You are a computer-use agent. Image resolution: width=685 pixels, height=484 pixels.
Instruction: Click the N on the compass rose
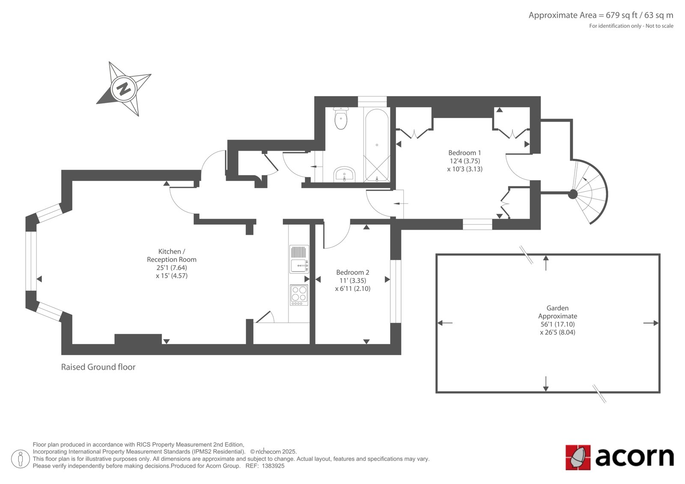click(x=124, y=89)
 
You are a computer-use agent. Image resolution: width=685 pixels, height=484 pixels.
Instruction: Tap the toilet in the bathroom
click(x=341, y=118)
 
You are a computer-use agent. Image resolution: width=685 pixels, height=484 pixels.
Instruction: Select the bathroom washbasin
click(x=344, y=174)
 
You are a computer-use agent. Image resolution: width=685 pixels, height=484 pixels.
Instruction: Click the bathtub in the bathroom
click(x=377, y=145)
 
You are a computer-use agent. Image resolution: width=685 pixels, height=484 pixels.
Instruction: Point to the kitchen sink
click(x=299, y=259)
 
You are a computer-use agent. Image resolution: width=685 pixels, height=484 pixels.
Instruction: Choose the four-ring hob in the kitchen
click(x=299, y=295)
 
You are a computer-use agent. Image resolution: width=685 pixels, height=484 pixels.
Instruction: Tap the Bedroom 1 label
click(x=465, y=153)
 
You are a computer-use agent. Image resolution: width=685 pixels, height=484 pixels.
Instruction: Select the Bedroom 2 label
click(x=353, y=272)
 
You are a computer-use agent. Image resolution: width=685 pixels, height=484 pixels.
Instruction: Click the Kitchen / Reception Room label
click(x=172, y=255)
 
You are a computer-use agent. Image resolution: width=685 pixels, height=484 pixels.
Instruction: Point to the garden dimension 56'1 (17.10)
click(x=557, y=324)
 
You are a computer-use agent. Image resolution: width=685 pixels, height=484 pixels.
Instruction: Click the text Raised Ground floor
click(x=98, y=367)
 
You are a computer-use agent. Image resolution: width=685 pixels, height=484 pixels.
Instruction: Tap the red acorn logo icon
click(x=578, y=457)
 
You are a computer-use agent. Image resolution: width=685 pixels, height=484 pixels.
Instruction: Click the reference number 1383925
click(x=273, y=466)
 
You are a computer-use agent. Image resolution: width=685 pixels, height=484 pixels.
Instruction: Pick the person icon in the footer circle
click(x=21, y=459)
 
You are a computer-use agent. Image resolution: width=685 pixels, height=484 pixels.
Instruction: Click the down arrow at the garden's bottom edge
click(x=545, y=384)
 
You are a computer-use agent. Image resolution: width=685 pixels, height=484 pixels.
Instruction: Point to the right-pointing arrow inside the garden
click(x=651, y=323)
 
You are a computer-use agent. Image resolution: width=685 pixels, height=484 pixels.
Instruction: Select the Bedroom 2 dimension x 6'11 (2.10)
click(x=353, y=288)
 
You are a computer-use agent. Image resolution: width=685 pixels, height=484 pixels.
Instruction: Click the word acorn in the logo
click(x=634, y=457)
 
